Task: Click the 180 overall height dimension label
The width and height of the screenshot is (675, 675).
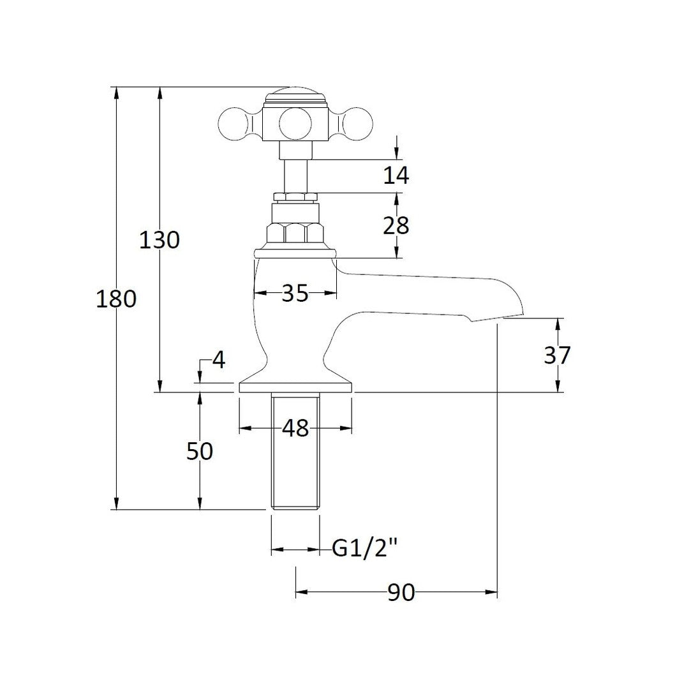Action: (x=116, y=299)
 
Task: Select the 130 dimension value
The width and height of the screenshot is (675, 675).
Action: (x=159, y=240)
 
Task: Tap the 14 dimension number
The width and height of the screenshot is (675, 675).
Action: (x=396, y=175)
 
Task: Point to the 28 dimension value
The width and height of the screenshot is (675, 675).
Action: (x=396, y=225)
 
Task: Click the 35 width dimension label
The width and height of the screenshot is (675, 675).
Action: (x=295, y=293)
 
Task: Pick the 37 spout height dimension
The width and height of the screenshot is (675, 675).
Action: (x=557, y=355)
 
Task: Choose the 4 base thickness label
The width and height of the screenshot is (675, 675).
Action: (x=219, y=360)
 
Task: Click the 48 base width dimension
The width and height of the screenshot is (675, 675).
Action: (x=296, y=428)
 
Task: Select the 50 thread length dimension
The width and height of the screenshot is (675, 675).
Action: (x=200, y=451)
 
